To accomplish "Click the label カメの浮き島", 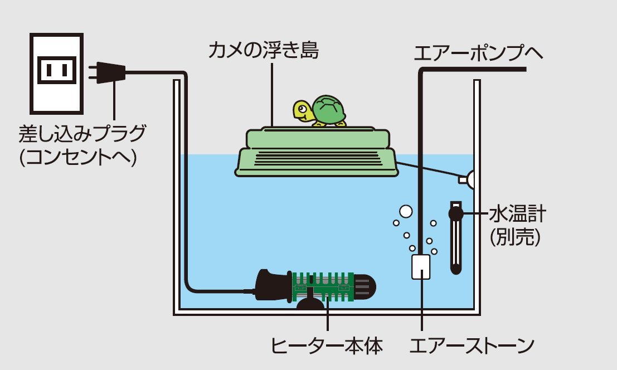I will pos(264,52).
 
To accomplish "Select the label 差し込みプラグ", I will pos(82,134).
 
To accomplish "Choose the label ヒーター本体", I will pos(327,346).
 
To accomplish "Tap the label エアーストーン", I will pos(472,346).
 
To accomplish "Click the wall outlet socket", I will pos(55,71).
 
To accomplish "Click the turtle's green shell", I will pos(328,110).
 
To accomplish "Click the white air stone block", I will pos(421,267).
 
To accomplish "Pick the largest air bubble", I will pos(405,212).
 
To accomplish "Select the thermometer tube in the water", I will pos(456,245).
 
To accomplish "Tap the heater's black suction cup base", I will pos(309,304).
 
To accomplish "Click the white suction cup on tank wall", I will pos(468,178).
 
